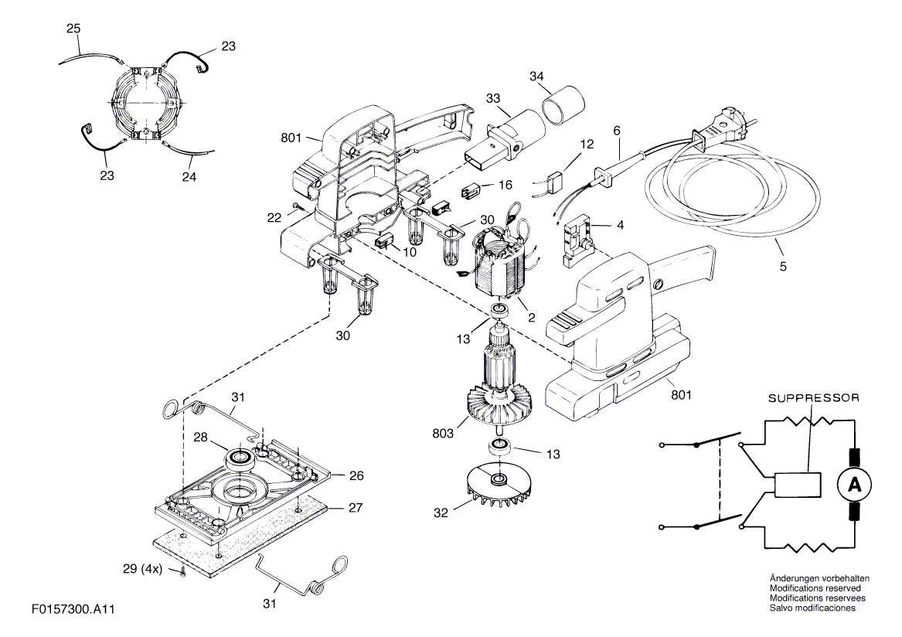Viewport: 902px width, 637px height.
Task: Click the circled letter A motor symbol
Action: click(854, 485)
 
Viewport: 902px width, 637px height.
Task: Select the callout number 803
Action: click(444, 434)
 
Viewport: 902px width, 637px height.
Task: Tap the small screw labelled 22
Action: click(296, 206)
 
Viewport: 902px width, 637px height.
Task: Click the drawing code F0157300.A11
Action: click(73, 610)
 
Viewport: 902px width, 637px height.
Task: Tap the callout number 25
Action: click(73, 29)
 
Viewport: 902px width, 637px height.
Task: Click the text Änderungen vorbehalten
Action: click(820, 578)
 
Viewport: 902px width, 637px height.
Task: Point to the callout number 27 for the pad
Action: click(356, 508)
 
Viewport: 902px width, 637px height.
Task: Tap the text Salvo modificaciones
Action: click(812, 608)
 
